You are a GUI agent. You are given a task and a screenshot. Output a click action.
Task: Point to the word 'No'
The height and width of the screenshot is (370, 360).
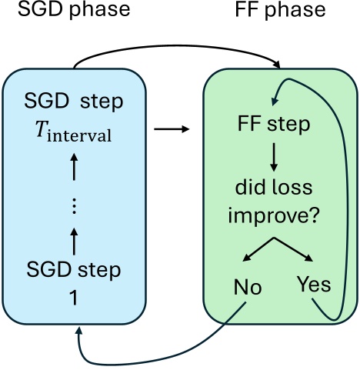[x=247, y=287]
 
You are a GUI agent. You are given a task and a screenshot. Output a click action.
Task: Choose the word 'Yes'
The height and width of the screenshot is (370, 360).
[x=312, y=285]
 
